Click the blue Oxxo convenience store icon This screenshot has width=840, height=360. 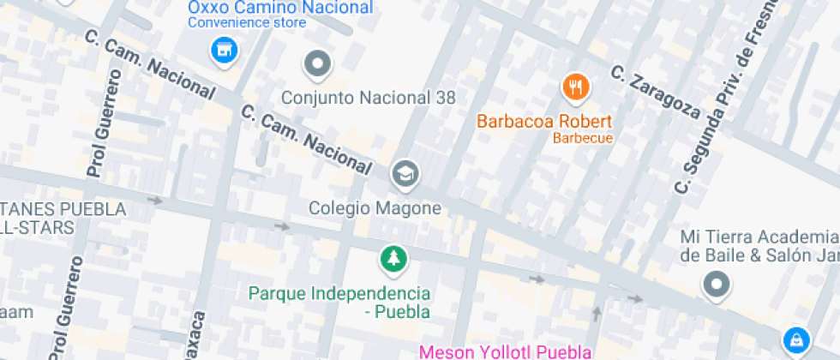224,50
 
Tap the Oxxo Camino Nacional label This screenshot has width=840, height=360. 280,8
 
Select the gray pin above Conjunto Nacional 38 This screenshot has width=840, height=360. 318,63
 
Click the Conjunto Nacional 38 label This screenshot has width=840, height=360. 369,98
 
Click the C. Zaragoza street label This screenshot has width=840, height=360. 656,91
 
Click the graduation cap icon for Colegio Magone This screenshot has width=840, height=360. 404,174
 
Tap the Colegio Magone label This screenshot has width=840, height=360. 375,208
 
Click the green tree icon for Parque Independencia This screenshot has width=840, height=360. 393,258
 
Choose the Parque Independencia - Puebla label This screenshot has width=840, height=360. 339,302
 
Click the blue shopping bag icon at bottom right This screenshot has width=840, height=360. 796,339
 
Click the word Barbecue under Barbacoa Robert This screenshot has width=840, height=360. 583,138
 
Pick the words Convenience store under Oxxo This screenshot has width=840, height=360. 246,23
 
